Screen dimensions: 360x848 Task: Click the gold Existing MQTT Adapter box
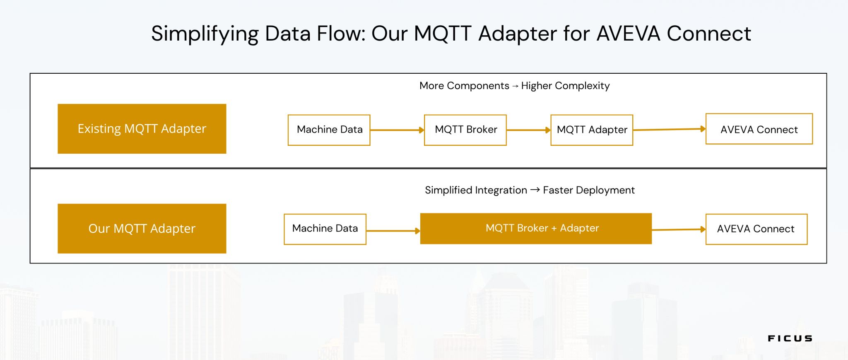(x=142, y=129)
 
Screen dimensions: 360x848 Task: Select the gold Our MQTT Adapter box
(x=142, y=228)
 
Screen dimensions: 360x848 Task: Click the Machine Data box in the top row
(x=329, y=130)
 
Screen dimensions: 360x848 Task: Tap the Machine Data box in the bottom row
(x=325, y=229)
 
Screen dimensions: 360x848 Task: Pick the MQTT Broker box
(x=465, y=130)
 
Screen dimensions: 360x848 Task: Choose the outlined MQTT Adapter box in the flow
(x=592, y=130)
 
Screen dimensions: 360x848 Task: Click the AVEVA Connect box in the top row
(x=759, y=129)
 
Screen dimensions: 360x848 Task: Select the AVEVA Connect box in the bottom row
(x=756, y=229)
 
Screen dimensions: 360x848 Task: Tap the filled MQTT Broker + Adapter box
(x=536, y=229)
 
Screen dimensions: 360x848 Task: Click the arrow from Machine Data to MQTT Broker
(x=397, y=130)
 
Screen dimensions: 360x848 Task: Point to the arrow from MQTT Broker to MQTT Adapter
(x=528, y=130)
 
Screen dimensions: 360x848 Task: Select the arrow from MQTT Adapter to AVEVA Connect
(x=669, y=130)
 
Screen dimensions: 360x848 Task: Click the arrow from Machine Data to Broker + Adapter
(x=393, y=231)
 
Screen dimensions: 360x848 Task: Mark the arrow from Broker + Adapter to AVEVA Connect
(x=678, y=230)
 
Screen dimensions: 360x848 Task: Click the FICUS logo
(x=790, y=338)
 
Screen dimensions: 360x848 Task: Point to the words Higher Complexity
(x=565, y=86)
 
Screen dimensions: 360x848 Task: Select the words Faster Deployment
(x=588, y=190)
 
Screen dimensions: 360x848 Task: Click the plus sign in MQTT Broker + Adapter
(x=554, y=229)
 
